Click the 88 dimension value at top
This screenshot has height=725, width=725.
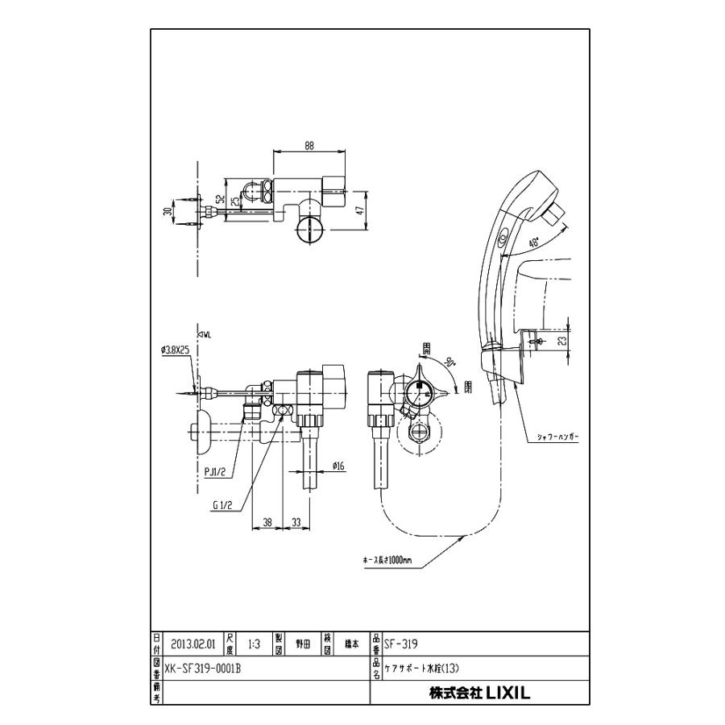click(309, 146)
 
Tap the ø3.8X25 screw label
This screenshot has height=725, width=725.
click(174, 350)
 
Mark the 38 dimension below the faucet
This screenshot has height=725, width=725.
click(267, 522)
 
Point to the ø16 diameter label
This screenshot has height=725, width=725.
click(340, 465)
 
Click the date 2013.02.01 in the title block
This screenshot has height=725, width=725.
click(193, 644)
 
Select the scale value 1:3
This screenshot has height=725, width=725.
click(254, 644)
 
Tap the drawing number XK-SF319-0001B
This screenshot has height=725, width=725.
click(202, 668)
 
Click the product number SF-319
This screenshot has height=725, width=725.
click(400, 644)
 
